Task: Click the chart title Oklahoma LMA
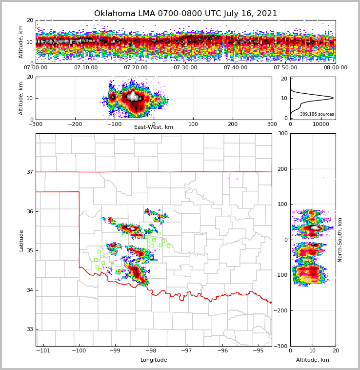click(185, 14)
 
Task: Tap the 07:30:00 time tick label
click(185, 68)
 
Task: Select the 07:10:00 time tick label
click(85, 68)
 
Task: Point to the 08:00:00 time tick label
click(336, 68)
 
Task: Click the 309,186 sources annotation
click(317, 114)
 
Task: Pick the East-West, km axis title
click(154, 127)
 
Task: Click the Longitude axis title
click(154, 360)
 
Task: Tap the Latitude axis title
click(21, 240)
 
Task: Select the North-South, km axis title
click(340, 240)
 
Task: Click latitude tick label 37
click(30, 172)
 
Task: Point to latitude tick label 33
click(30, 329)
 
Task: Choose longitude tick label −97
click(186, 351)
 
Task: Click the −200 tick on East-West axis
click(75, 124)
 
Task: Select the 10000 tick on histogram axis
click(321, 124)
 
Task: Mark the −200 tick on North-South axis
click(281, 311)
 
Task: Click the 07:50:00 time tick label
click(285, 68)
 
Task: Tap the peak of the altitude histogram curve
click(333, 98)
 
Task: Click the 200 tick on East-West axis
click(233, 124)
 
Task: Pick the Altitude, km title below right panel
click(313, 360)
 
